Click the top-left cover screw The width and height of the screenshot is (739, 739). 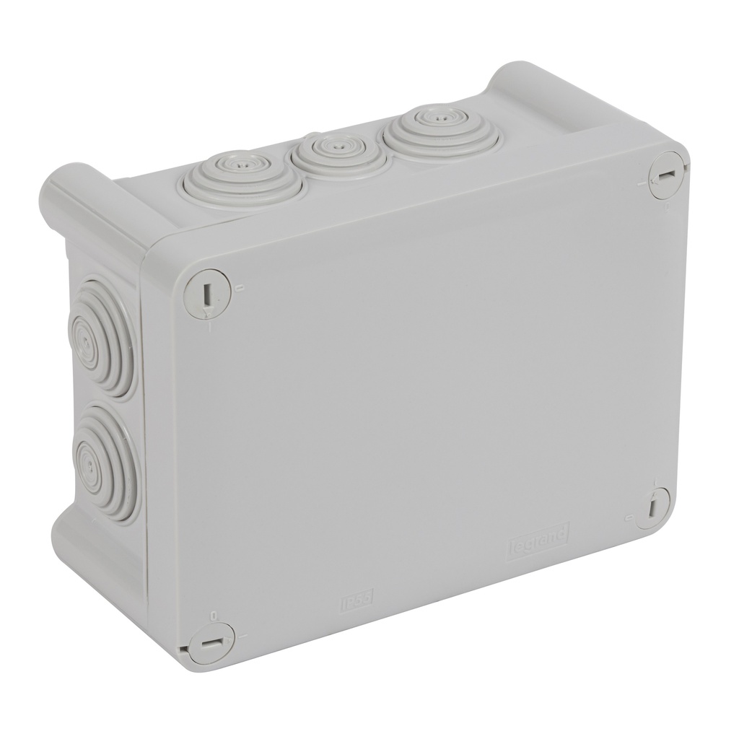click(x=207, y=293)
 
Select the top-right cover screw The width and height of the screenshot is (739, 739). click(x=665, y=175)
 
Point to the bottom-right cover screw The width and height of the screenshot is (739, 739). click(x=652, y=507)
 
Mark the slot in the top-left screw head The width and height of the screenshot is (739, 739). click(x=206, y=294)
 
